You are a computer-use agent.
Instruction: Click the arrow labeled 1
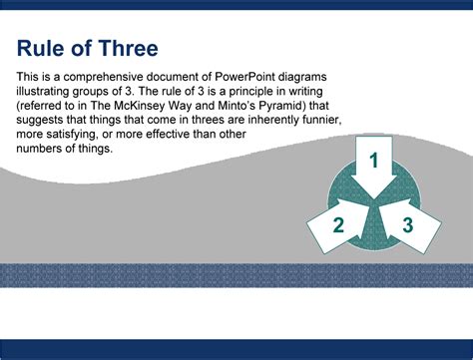click(374, 163)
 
